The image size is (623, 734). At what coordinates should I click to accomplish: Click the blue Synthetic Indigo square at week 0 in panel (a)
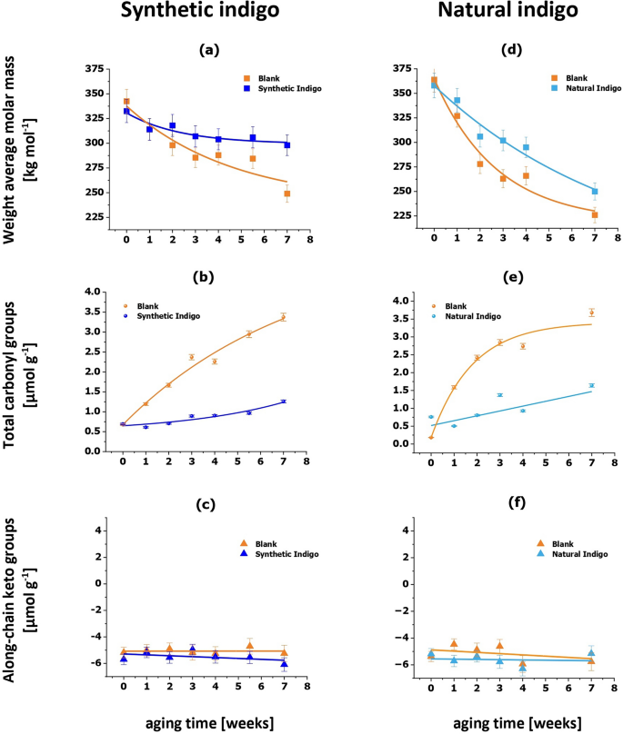(126, 111)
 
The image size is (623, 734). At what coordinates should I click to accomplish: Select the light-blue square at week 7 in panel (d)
(595, 191)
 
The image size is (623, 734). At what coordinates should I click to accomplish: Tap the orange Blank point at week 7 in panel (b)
(283, 317)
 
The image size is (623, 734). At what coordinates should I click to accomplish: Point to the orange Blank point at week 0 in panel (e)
(431, 437)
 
